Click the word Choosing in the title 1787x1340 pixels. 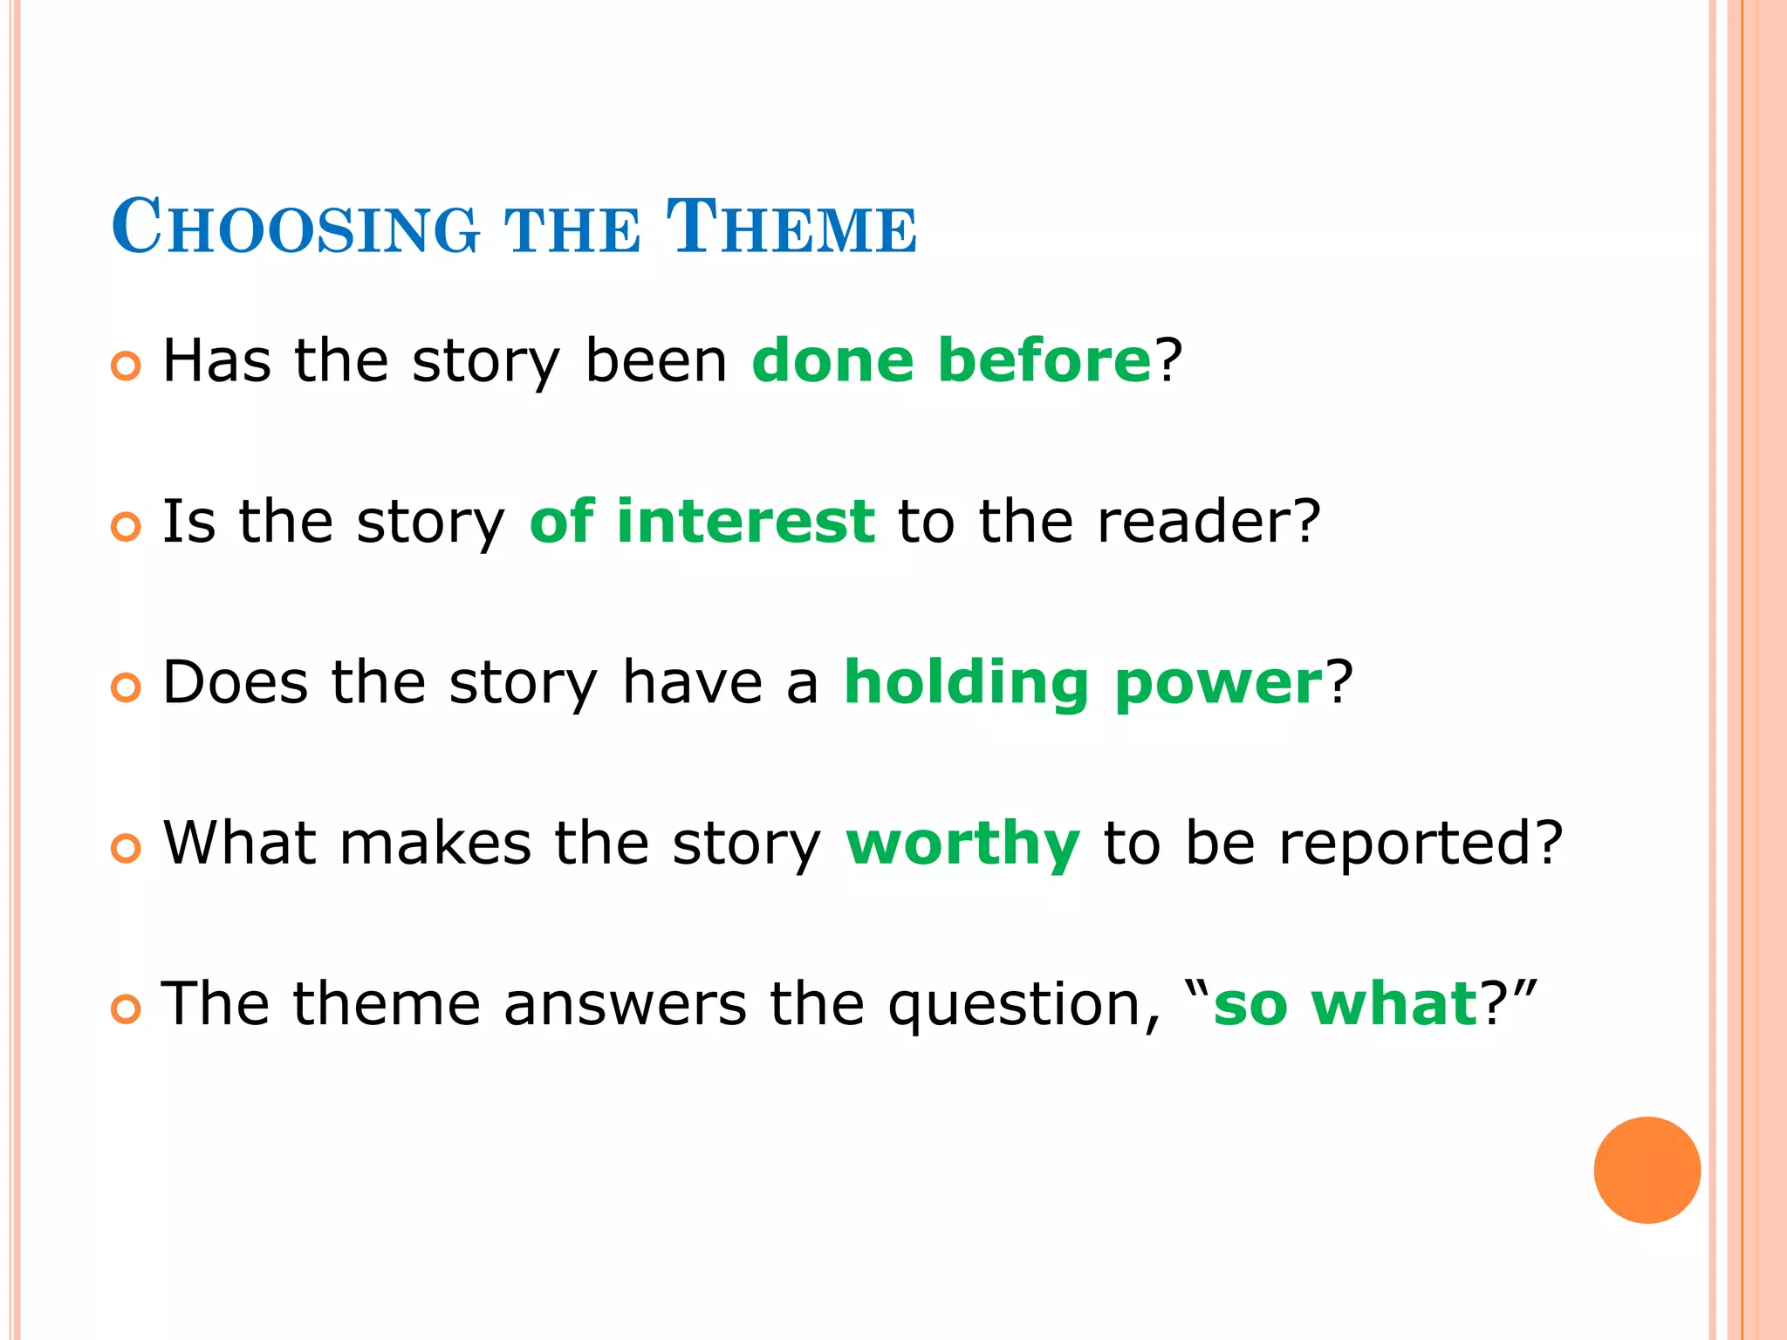pyautogui.click(x=295, y=229)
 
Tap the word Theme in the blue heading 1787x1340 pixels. pyautogui.click(x=791, y=229)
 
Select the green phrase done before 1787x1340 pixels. pyautogui.click(x=951, y=360)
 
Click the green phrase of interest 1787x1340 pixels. pyautogui.click(x=702, y=521)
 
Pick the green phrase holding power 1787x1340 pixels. pyautogui.click(x=1083, y=682)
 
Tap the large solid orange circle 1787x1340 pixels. pyautogui.click(x=1647, y=1170)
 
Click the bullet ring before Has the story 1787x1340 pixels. pyautogui.click(x=126, y=366)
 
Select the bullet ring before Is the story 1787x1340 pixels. pyautogui.click(x=126, y=527)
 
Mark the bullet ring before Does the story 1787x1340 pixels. pyautogui.click(x=126, y=688)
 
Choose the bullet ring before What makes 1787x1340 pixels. pyautogui.click(x=126, y=849)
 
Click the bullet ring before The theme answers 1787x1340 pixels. pyautogui.click(x=126, y=1010)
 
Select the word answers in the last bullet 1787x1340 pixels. pyautogui.click(x=625, y=1005)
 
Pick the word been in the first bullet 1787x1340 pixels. pyautogui.click(x=655, y=360)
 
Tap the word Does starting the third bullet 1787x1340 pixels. pyautogui.click(x=235, y=682)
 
